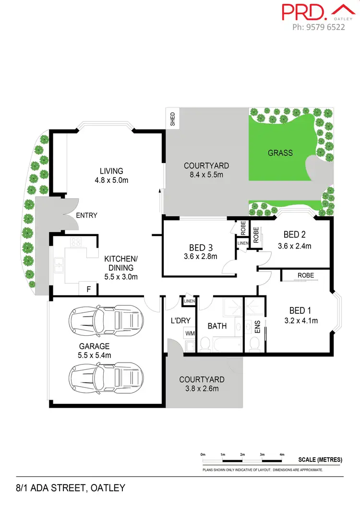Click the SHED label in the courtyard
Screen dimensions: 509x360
(173, 118)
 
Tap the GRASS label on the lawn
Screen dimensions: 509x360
(280, 153)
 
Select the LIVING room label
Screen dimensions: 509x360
(111, 171)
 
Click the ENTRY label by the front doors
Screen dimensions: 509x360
(86, 215)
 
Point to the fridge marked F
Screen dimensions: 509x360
(88, 289)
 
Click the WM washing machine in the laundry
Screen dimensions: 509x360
(190, 332)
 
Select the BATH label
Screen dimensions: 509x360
(217, 326)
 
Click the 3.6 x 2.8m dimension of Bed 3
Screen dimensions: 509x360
(200, 257)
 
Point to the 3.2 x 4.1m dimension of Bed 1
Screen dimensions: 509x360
(300, 320)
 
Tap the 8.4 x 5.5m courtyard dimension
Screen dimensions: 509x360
(206, 175)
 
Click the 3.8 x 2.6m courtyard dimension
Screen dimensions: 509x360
(202, 389)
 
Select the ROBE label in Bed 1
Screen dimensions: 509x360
(306, 276)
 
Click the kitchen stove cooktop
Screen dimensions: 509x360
(76, 242)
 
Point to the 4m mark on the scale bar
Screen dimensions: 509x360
(282, 454)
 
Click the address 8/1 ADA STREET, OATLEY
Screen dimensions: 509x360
(70, 488)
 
